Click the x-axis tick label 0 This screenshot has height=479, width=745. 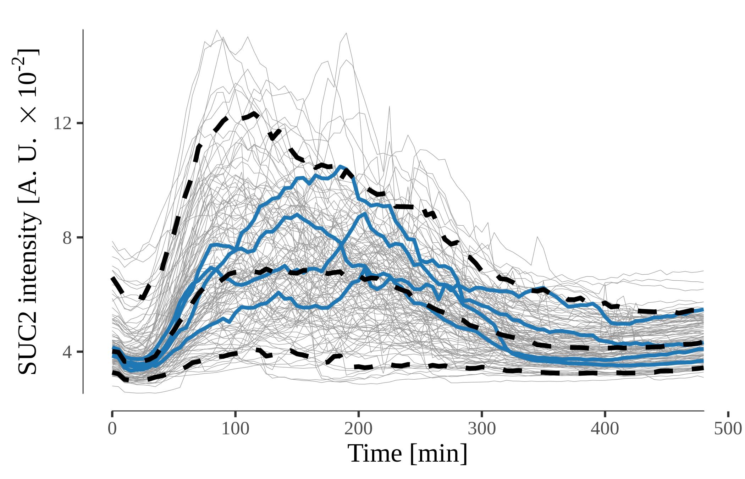112,429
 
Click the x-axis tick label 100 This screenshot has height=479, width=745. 235,429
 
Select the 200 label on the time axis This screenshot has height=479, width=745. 358,429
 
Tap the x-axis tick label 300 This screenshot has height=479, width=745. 481,429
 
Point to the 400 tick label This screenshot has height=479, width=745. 605,429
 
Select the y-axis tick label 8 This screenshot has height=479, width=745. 67,238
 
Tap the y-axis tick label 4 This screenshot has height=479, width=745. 67,352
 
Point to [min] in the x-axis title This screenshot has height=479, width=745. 438,454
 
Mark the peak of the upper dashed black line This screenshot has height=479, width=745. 254,114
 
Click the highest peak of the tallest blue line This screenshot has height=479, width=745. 340,166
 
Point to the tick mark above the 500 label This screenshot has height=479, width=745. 728,414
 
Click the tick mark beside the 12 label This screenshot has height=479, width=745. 80,123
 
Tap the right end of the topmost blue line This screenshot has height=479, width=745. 703,310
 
